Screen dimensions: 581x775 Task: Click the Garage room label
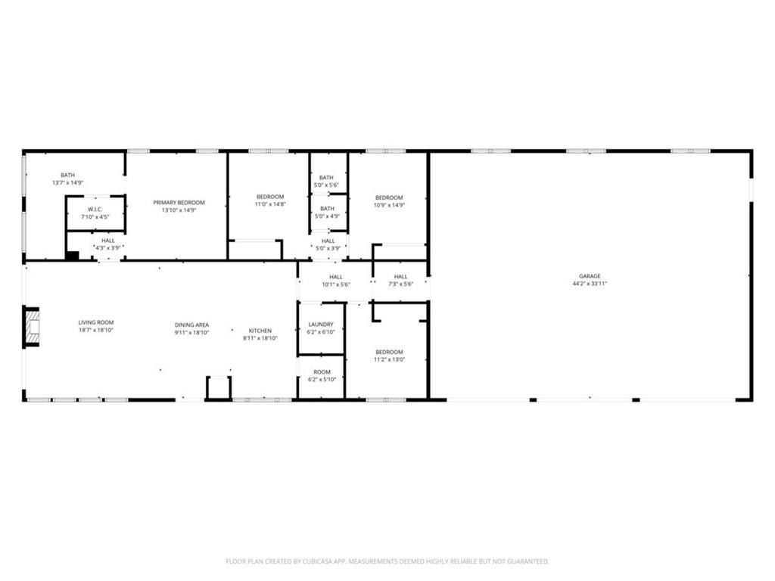pyautogui.click(x=590, y=276)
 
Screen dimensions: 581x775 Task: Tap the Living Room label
pyautogui.click(x=96, y=322)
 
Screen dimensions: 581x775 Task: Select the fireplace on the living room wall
pyautogui.click(x=31, y=326)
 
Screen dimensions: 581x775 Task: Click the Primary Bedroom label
pyautogui.click(x=179, y=202)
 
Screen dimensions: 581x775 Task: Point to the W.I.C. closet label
pyautogui.click(x=95, y=210)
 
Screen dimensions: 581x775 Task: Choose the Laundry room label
pyautogui.click(x=321, y=325)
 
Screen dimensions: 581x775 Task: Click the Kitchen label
pyautogui.click(x=260, y=331)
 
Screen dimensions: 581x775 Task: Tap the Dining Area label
pyautogui.click(x=191, y=325)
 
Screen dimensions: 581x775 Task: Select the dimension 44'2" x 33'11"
pyautogui.click(x=590, y=284)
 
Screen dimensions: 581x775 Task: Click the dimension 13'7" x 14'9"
pyautogui.click(x=68, y=183)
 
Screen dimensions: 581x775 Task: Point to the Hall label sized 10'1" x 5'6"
pyautogui.click(x=336, y=277)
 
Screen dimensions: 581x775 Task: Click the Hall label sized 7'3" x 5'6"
pyautogui.click(x=400, y=277)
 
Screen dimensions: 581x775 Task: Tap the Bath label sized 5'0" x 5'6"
pyautogui.click(x=327, y=178)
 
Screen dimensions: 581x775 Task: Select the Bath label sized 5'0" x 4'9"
pyautogui.click(x=327, y=208)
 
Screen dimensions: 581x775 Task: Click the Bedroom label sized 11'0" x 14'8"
pyautogui.click(x=270, y=197)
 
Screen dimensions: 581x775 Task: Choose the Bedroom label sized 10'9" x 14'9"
pyautogui.click(x=389, y=197)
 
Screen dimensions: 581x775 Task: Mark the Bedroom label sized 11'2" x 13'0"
pyautogui.click(x=389, y=352)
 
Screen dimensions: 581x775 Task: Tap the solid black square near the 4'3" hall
pyautogui.click(x=72, y=256)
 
